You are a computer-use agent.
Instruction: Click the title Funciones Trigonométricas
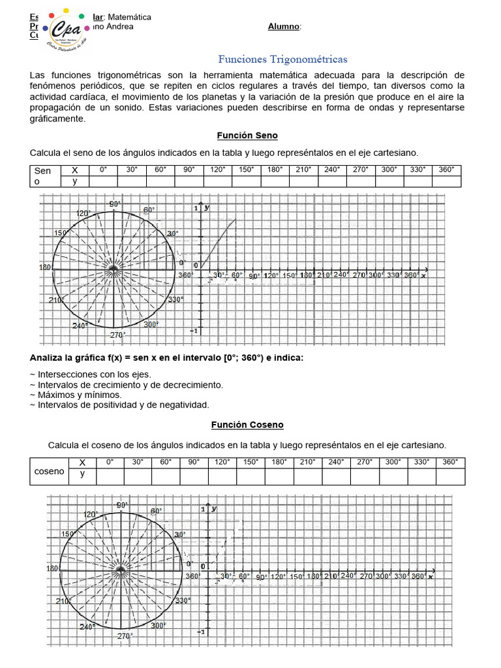[x=282, y=59]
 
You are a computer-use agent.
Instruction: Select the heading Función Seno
[x=247, y=136]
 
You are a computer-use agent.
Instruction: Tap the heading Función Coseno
[x=247, y=425]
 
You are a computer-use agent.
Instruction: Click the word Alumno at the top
[x=284, y=27]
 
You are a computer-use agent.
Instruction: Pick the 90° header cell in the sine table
[x=189, y=170]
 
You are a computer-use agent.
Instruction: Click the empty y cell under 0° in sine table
[x=103, y=181]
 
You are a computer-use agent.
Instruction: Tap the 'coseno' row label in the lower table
[x=50, y=472]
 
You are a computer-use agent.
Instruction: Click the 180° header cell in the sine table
[x=275, y=170]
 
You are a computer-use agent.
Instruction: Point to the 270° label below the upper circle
[x=117, y=335]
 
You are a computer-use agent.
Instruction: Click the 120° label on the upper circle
[x=82, y=214]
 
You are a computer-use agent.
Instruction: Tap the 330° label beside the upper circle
[x=175, y=299]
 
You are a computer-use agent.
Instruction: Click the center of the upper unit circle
[x=114, y=268]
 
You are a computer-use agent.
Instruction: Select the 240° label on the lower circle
[x=87, y=627]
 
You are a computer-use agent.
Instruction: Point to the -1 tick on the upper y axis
[x=194, y=331]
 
